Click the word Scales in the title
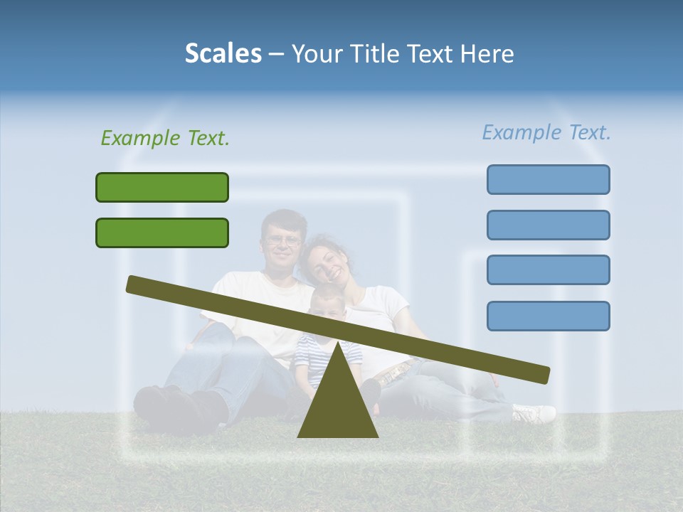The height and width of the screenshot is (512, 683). click(x=223, y=53)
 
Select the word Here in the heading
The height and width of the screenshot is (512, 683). click(x=487, y=54)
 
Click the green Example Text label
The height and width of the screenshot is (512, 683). click(x=165, y=138)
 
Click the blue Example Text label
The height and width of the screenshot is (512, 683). click(x=546, y=132)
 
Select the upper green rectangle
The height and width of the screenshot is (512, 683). click(x=162, y=187)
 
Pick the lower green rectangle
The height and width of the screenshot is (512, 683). click(x=162, y=233)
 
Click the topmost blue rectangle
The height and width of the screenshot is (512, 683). click(x=548, y=179)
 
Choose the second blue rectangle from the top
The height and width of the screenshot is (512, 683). click(x=548, y=225)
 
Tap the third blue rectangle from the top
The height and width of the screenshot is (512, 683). click(x=548, y=270)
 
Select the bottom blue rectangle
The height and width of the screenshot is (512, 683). click(x=548, y=316)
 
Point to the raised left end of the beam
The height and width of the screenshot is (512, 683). click(x=135, y=284)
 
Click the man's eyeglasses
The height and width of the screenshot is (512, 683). click(x=282, y=240)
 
